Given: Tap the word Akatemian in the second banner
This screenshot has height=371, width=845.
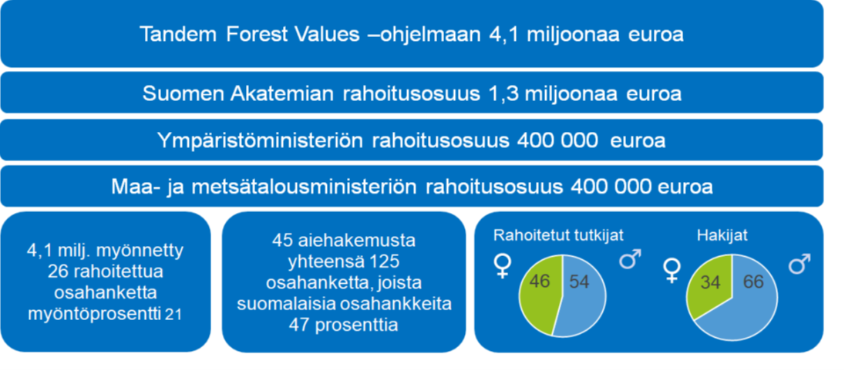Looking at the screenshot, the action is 274,94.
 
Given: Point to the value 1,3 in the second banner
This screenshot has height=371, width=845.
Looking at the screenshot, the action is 494,94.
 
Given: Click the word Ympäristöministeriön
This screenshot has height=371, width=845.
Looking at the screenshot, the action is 261,141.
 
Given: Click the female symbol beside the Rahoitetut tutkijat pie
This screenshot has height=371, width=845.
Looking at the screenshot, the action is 502,265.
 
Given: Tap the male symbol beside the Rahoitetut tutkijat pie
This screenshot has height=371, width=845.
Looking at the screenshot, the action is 628,259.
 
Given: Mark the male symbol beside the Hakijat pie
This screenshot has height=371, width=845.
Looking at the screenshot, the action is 800,264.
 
